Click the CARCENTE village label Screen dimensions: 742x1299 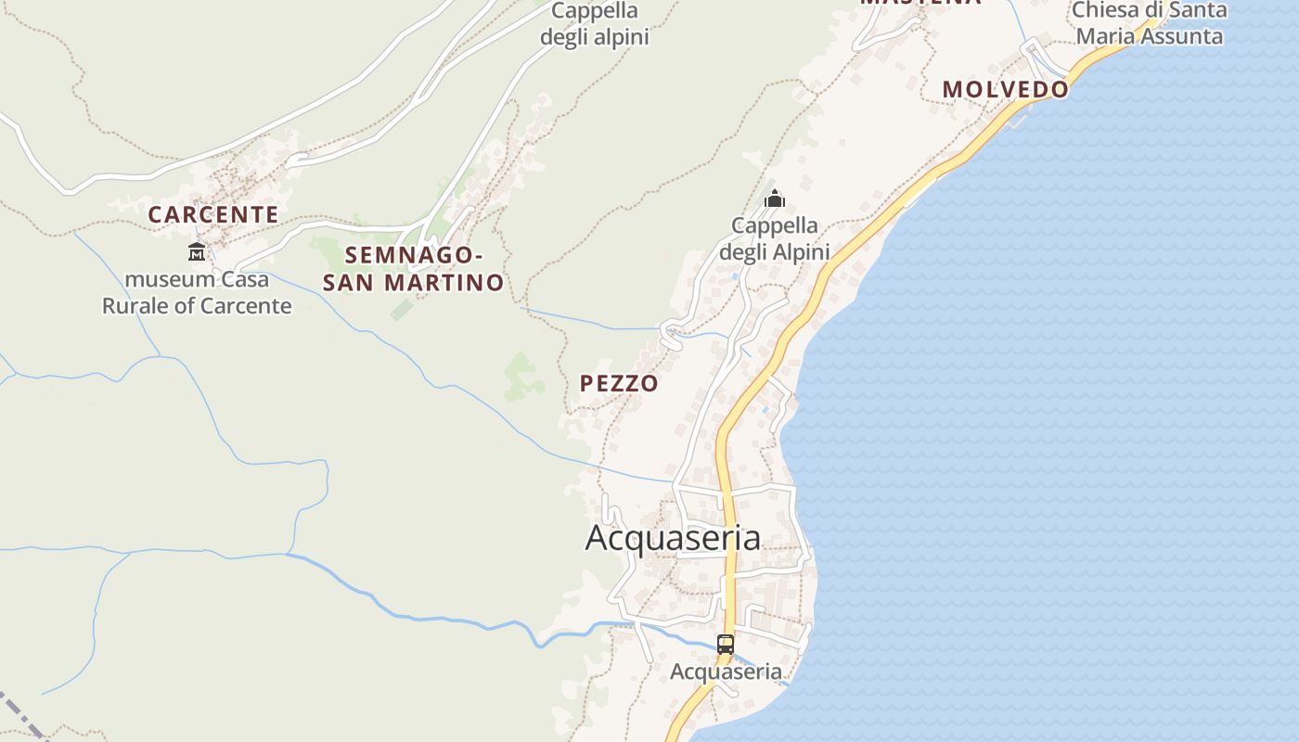tap(213, 214)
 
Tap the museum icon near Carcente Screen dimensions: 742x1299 tap(197, 251)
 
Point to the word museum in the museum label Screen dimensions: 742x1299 tap(163, 279)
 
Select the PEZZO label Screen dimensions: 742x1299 tap(619, 383)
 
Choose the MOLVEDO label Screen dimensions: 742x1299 tap(1006, 90)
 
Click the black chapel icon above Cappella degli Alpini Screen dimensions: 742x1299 tap(774, 198)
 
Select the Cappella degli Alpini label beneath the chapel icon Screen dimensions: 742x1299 tap(775, 238)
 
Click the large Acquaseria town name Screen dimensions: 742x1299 tap(673, 538)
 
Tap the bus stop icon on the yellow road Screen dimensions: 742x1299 tap(726, 644)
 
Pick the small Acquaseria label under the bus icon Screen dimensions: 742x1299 tap(727, 672)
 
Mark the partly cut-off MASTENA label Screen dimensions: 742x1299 tap(920, 3)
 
